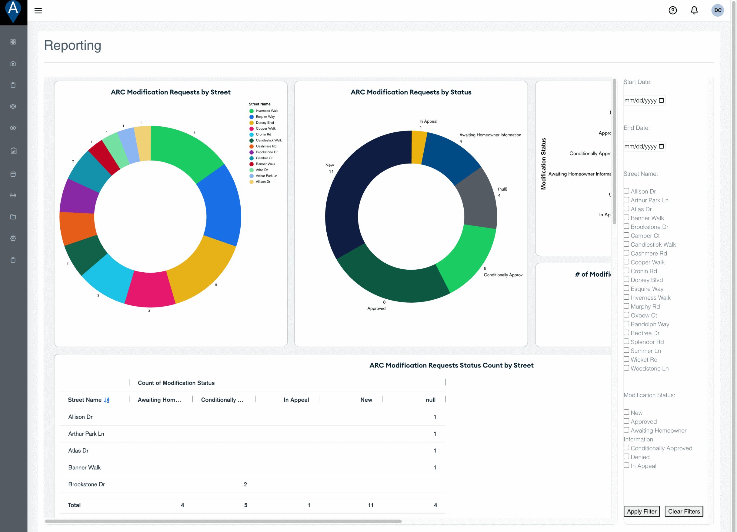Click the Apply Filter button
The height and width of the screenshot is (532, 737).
tap(642, 511)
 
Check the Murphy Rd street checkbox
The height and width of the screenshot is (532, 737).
tap(626, 306)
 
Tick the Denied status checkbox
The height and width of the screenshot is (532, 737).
tap(626, 456)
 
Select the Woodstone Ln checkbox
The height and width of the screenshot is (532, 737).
tap(626, 368)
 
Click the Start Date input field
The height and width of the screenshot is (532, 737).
tap(640, 100)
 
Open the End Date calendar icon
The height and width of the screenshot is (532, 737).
tap(661, 146)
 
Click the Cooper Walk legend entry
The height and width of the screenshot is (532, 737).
tap(265, 129)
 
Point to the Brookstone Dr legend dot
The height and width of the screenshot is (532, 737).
tap(251, 152)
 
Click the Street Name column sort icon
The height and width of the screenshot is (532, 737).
tap(107, 400)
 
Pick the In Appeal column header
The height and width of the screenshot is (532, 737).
tap(296, 400)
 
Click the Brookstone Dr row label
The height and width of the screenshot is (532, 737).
tap(86, 484)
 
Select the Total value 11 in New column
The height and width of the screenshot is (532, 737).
tap(370, 505)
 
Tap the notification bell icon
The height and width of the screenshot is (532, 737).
tap(694, 10)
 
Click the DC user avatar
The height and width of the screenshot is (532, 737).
tap(718, 10)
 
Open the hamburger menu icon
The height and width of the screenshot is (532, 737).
tap(38, 11)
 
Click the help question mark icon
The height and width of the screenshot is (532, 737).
tap(673, 10)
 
